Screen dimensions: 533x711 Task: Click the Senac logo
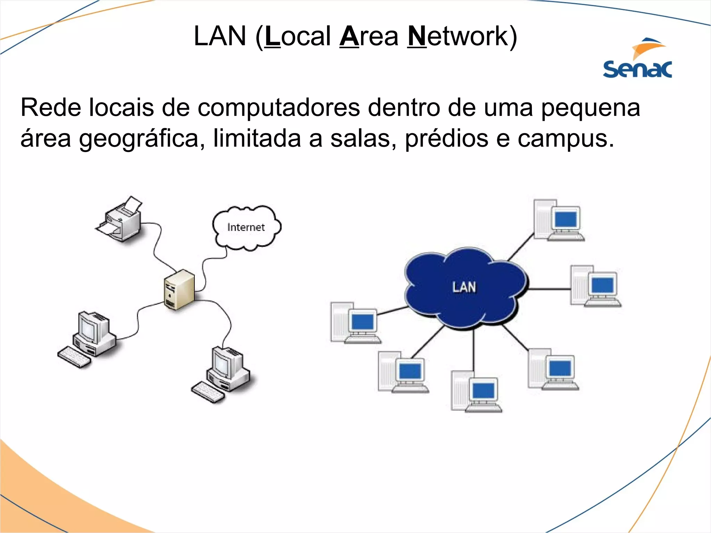point(637,59)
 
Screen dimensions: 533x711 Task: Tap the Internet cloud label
point(246,227)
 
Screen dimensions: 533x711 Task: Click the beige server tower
point(179,290)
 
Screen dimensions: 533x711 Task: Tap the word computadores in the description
point(279,108)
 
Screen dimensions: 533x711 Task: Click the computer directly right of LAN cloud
point(595,286)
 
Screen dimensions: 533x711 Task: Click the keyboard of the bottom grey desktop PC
point(208,392)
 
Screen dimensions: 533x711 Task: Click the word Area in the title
point(369,36)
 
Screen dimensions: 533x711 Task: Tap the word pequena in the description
point(591,108)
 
